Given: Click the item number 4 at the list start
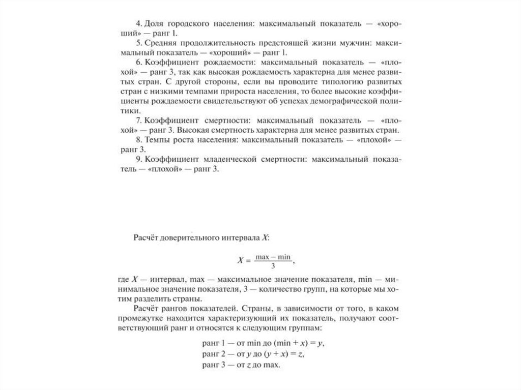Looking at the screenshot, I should [138, 24].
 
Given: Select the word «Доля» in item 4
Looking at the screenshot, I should [153, 24].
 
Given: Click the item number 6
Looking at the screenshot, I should [138, 62].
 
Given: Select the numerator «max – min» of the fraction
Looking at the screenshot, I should [273, 257].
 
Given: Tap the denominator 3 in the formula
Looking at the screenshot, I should [273, 265].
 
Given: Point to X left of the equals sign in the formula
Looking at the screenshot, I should [242, 261].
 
